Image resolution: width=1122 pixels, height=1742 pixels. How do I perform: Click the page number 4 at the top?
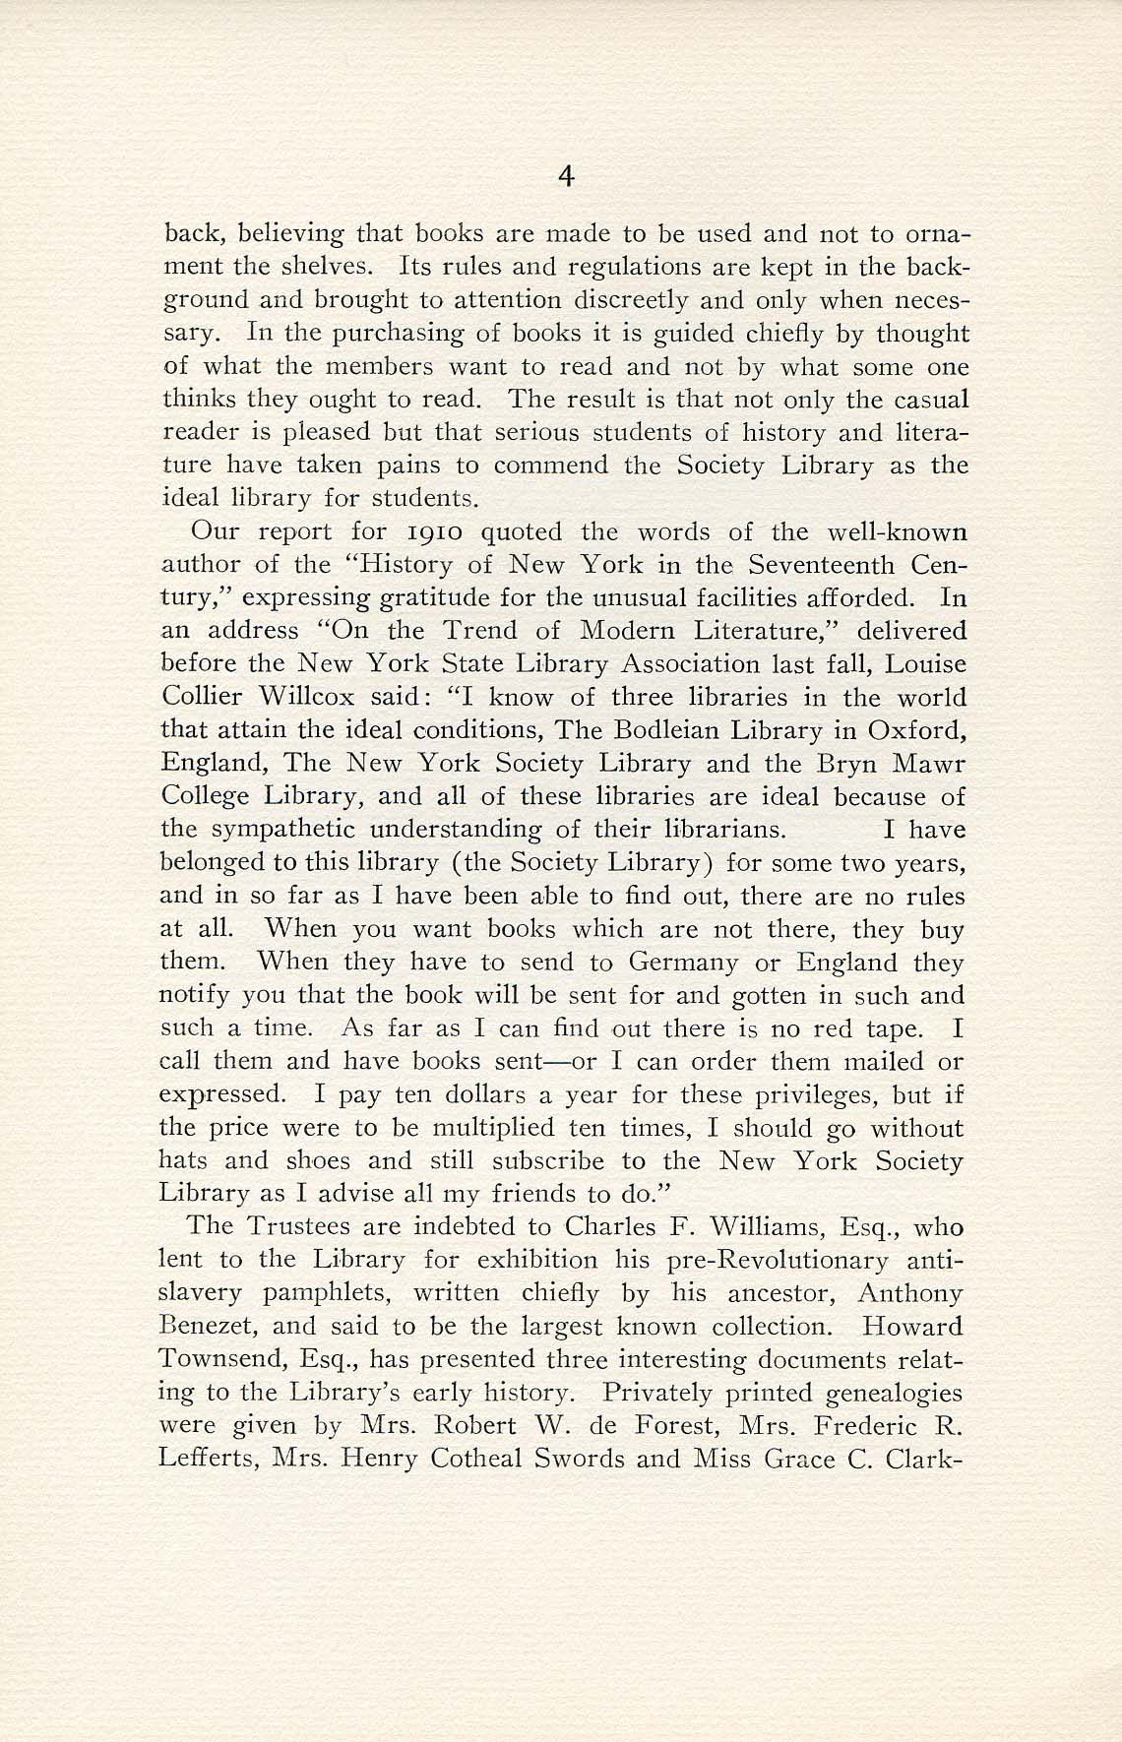pyautogui.click(x=565, y=176)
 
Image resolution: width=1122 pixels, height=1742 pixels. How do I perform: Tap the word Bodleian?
pyautogui.click(x=670, y=730)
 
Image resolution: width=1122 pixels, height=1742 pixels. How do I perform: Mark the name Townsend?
pyautogui.click(x=218, y=1360)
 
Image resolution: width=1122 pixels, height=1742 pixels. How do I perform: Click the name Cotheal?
pyautogui.click(x=463, y=1459)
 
